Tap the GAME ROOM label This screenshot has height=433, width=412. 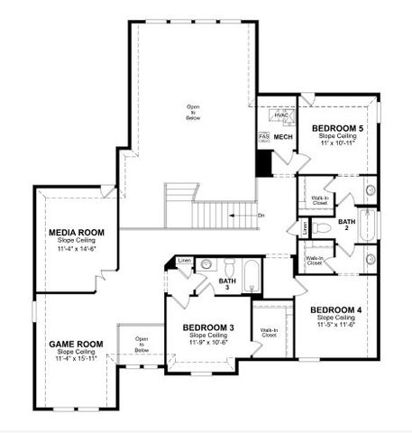pyautogui.click(x=76, y=344)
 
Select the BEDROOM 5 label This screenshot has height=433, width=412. pyautogui.click(x=337, y=129)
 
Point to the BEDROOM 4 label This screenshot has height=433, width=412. pyautogui.click(x=335, y=310)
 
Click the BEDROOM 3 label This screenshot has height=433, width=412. pyautogui.click(x=208, y=327)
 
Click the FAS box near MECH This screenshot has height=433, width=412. pyautogui.click(x=264, y=137)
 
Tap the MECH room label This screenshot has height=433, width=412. pyautogui.click(x=283, y=137)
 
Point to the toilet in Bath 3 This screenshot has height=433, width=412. pyautogui.click(x=229, y=267)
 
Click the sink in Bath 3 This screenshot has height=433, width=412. pyautogui.click(x=206, y=265)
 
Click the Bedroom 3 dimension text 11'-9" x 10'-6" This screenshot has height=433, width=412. pyautogui.click(x=208, y=343)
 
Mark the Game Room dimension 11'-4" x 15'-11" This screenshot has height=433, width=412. pyautogui.click(x=76, y=359)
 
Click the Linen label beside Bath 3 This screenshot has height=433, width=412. pyautogui.click(x=184, y=261)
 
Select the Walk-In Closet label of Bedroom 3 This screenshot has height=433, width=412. pyautogui.click(x=269, y=333)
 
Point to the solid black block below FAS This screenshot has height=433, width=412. pyautogui.click(x=264, y=163)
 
